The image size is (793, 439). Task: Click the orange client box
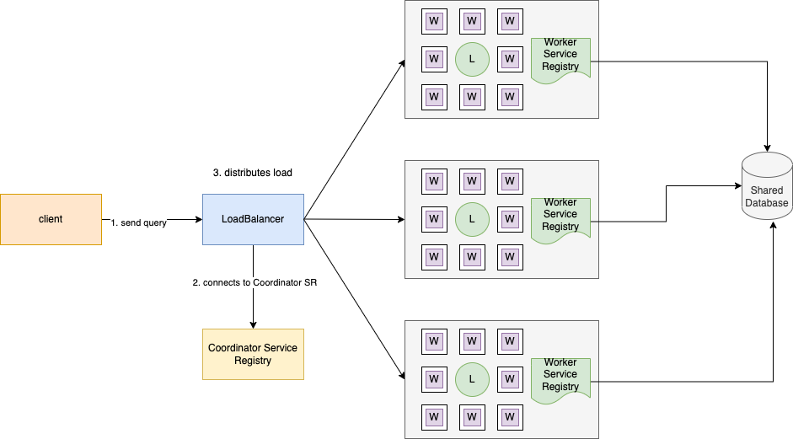point(51,219)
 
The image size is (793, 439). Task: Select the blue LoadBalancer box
point(253,219)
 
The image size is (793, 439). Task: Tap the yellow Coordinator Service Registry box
point(253,354)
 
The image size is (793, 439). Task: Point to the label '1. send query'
point(139,222)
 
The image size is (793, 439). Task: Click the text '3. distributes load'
point(253,173)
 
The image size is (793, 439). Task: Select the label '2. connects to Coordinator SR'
point(255,282)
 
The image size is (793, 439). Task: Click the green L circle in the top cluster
point(472,59)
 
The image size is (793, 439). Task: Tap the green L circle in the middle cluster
point(472,219)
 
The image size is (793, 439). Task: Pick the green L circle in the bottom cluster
point(472,379)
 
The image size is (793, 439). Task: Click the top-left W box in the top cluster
point(434,21)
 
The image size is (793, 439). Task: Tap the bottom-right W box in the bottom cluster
point(510,417)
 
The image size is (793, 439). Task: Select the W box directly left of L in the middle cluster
point(434,219)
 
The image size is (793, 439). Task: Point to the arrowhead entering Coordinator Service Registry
point(253,324)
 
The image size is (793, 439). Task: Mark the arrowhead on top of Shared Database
point(768,148)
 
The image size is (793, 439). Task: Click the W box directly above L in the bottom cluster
point(472,341)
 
